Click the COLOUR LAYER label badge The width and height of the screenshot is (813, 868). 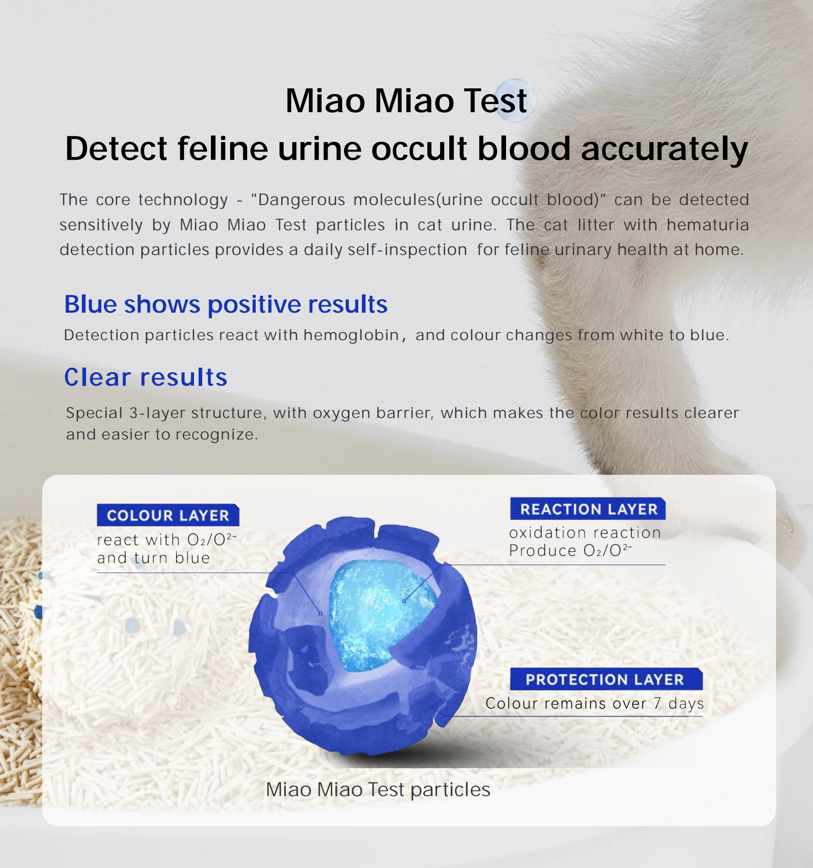(x=168, y=515)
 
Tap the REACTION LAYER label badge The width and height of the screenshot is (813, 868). (x=588, y=509)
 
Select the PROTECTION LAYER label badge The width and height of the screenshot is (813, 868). (x=606, y=679)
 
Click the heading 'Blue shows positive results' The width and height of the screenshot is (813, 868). (x=226, y=304)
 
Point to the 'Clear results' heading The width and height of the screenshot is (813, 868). (x=146, y=377)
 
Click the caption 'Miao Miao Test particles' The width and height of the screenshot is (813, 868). (x=378, y=790)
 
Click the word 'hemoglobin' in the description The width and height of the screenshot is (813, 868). (x=351, y=335)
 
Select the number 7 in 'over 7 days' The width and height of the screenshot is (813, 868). (x=657, y=703)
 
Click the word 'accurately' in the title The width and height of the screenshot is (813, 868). (x=665, y=149)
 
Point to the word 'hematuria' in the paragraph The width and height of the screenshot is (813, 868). (x=708, y=225)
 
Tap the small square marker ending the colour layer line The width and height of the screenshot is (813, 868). (x=320, y=613)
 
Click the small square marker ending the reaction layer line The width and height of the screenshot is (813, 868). (x=404, y=601)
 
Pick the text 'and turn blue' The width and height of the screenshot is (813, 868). (x=153, y=558)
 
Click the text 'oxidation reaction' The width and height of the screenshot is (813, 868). (x=585, y=532)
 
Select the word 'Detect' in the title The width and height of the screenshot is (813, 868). (x=116, y=149)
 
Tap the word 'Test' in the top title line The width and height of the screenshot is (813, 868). (x=495, y=101)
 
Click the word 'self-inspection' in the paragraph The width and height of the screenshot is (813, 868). (x=407, y=250)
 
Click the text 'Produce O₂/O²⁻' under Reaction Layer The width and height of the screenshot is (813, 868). (x=571, y=550)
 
